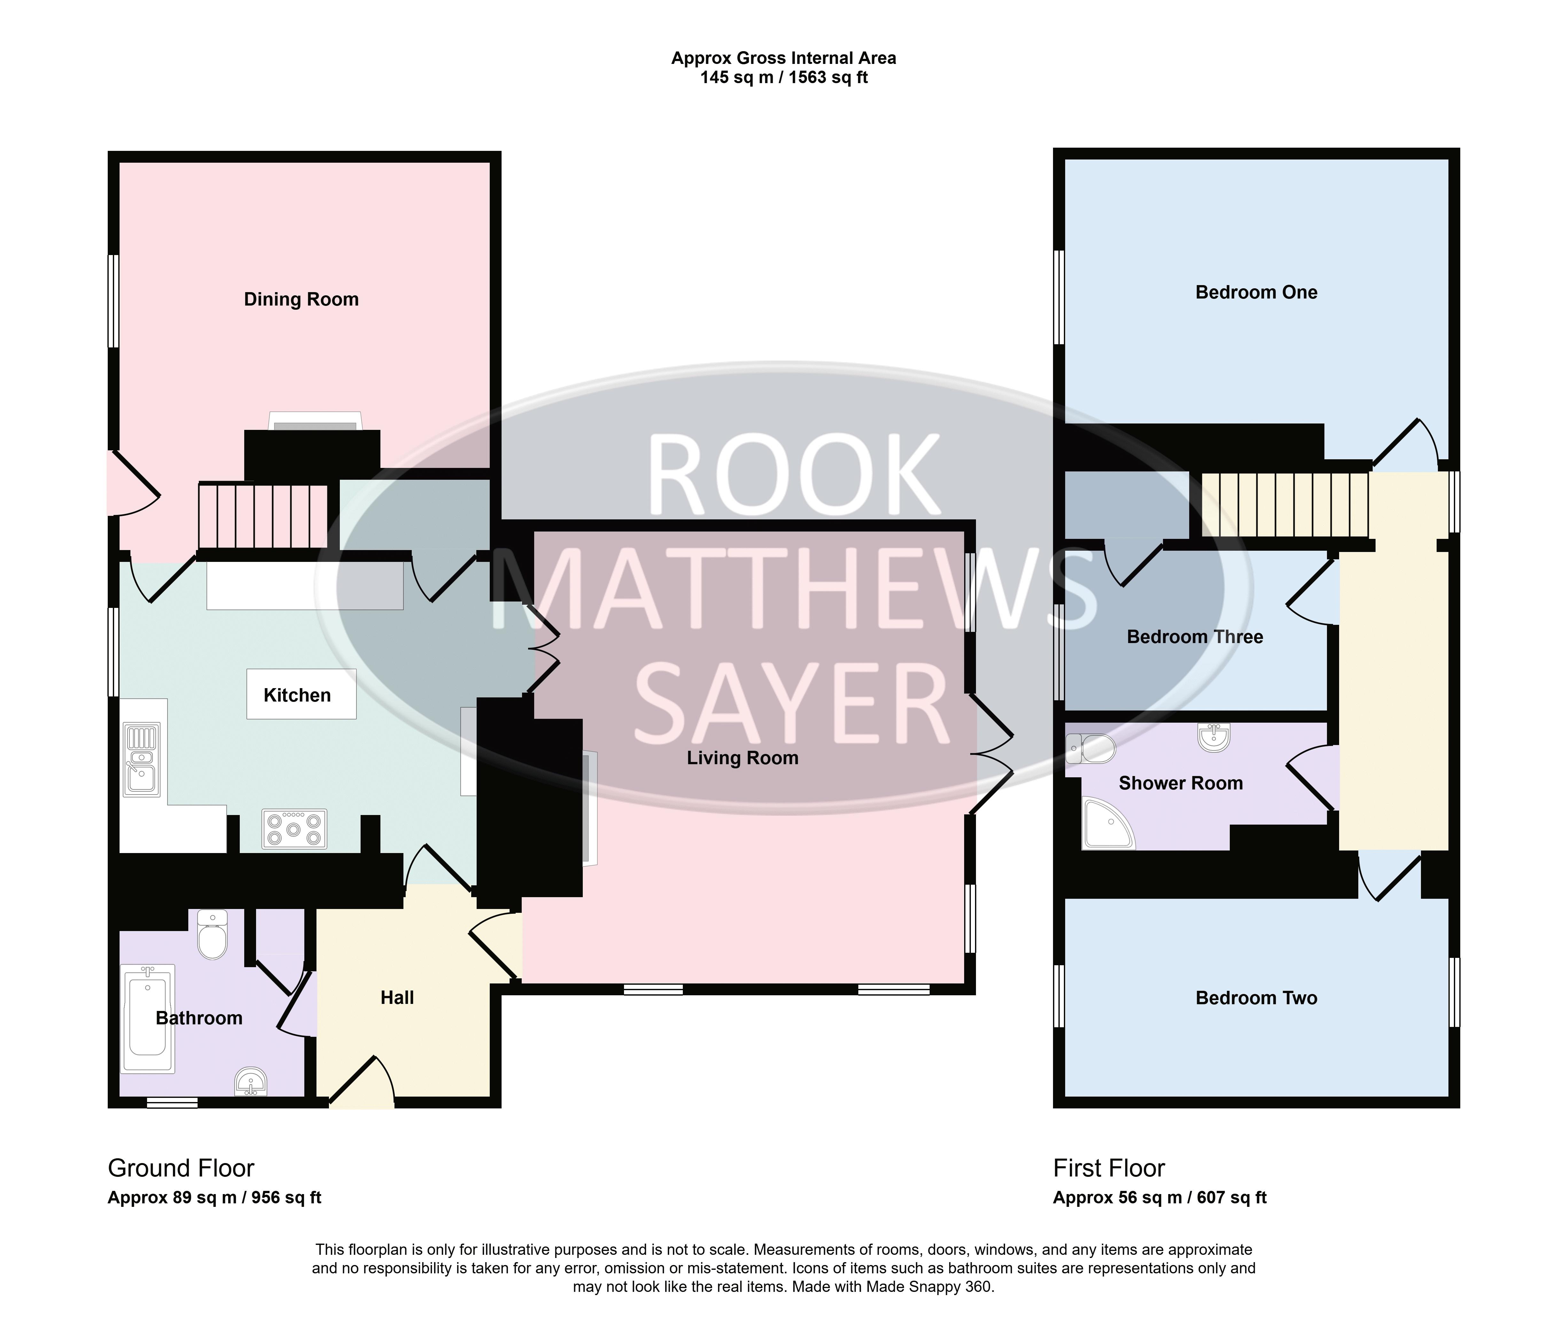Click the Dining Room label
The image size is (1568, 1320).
pyautogui.click(x=301, y=299)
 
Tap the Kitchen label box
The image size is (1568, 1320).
pyautogui.click(x=301, y=695)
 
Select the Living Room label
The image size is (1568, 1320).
pyautogui.click(x=743, y=758)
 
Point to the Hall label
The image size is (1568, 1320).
pyautogui.click(x=397, y=998)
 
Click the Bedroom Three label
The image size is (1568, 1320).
pyautogui.click(x=1195, y=637)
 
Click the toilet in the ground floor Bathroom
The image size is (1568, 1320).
pyautogui.click(x=213, y=934)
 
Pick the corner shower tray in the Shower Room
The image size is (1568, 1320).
pyautogui.click(x=1108, y=824)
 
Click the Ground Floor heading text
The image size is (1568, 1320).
pyautogui.click(x=181, y=1168)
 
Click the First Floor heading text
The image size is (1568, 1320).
pyautogui.click(x=1108, y=1168)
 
